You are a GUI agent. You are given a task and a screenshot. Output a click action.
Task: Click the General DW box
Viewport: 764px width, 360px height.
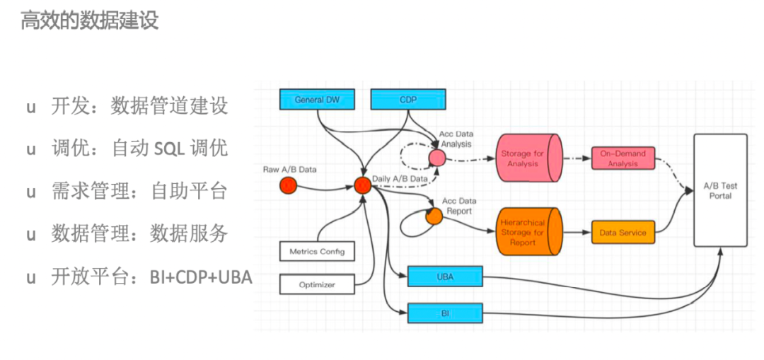pos(317,100)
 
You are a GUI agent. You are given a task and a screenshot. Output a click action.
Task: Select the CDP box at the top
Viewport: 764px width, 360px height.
pos(407,100)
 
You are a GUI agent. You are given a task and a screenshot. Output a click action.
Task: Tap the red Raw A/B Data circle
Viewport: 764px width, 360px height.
pos(287,186)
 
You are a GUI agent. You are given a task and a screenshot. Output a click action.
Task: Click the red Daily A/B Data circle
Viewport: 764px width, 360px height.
pos(363,186)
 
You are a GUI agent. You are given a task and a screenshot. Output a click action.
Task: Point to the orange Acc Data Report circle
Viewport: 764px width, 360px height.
pos(434,216)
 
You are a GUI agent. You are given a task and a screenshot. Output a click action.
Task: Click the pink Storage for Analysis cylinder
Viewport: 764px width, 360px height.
pos(527,159)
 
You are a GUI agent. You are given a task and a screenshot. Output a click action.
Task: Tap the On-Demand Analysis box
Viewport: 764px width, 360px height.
pos(623,158)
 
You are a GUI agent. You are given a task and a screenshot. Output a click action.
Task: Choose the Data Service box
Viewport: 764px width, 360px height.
pos(623,232)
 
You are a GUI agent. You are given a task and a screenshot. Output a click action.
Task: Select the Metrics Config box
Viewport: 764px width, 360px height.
pos(317,251)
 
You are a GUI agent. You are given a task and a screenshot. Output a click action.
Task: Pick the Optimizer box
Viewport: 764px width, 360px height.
pos(317,285)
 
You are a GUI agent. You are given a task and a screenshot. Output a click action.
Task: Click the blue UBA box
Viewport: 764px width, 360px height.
pos(445,277)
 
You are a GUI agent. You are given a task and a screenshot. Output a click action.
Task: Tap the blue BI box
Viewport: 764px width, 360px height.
pos(445,313)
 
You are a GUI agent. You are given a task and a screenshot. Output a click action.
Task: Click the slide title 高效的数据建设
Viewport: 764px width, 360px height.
pos(89,21)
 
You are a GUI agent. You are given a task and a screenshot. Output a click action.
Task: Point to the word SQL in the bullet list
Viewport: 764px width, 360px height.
pos(170,149)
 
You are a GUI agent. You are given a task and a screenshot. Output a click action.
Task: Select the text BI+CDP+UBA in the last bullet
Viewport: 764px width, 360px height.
pos(201,277)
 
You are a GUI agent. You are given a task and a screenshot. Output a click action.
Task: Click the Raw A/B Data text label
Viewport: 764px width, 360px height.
pos(289,170)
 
